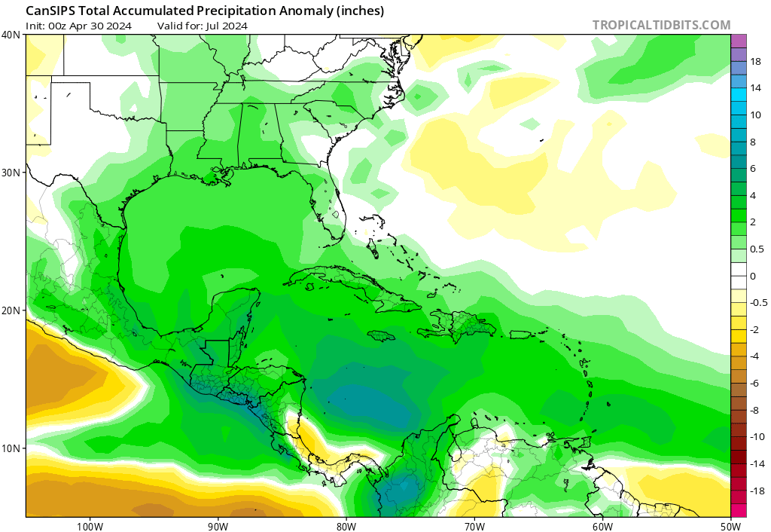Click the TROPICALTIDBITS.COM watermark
pyautogui.click(x=661, y=25)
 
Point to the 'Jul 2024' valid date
pyautogui.click(x=227, y=26)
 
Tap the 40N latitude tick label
pyautogui.click(x=11, y=35)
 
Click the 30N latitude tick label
pyautogui.click(x=11, y=173)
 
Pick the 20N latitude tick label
pyautogui.click(x=11, y=310)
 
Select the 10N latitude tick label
pyautogui.click(x=11, y=448)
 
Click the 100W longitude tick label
pyautogui.click(x=90, y=525)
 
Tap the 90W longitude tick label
pyautogui.click(x=218, y=525)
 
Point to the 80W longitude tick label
pyautogui.click(x=346, y=525)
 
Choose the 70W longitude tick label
pyautogui.click(x=474, y=525)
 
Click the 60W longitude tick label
pyautogui.click(x=602, y=525)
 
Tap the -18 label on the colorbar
pyautogui.click(x=756, y=490)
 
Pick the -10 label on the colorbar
pyautogui.click(x=756, y=436)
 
